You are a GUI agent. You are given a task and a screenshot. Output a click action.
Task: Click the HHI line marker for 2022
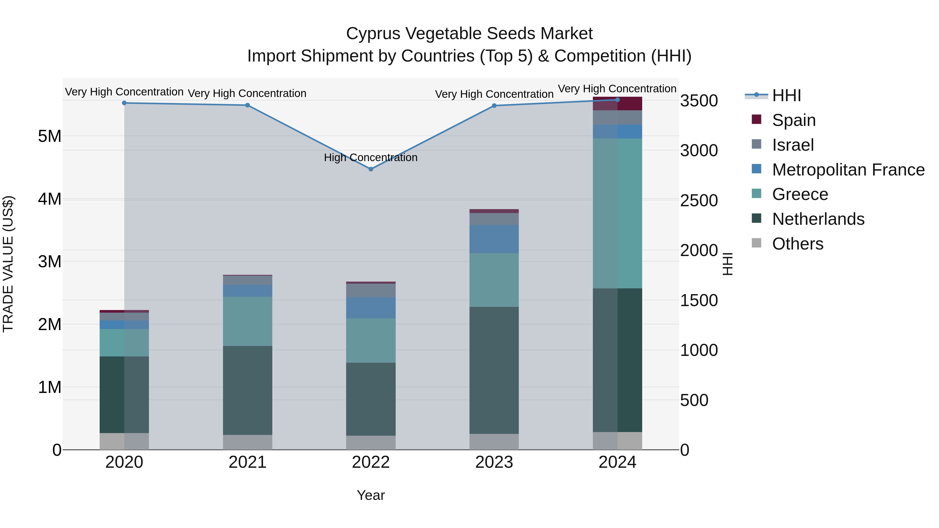click(371, 169)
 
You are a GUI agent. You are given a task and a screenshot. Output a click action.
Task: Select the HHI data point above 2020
click(124, 103)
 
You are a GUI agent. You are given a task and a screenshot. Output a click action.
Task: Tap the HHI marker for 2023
click(494, 106)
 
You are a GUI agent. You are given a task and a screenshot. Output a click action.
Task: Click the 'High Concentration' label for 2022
click(370, 158)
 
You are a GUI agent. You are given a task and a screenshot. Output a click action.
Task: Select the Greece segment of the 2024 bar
click(617, 213)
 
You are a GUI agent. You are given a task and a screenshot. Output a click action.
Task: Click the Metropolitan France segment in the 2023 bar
click(494, 239)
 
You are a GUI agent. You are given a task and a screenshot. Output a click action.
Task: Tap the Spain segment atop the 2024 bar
click(617, 104)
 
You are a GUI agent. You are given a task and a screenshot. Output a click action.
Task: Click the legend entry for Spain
click(793, 120)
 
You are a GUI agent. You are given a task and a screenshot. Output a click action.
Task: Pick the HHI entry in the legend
click(786, 95)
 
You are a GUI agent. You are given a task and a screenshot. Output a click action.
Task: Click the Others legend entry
click(797, 244)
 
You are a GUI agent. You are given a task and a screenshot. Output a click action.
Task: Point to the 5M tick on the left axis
click(50, 136)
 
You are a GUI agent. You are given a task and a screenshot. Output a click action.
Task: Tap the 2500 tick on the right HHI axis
click(699, 201)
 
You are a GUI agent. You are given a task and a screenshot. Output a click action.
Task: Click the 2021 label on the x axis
click(248, 462)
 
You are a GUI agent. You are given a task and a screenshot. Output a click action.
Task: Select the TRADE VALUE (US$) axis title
click(8, 264)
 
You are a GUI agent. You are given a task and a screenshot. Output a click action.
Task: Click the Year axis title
click(371, 495)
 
